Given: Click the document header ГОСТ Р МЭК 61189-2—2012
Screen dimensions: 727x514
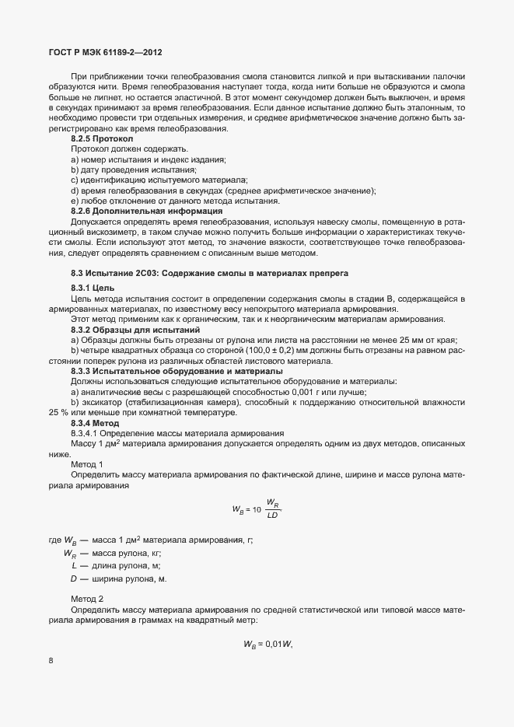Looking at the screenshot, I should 106,51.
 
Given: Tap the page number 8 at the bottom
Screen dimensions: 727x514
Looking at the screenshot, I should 51,662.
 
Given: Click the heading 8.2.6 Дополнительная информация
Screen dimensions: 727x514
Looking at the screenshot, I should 146,211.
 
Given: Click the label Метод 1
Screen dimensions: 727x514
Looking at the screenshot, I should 86,463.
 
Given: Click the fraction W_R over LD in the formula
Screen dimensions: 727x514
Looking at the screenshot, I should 273,509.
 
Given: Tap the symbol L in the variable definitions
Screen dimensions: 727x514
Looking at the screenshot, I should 74,566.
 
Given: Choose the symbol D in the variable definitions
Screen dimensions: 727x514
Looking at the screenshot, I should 73,579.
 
